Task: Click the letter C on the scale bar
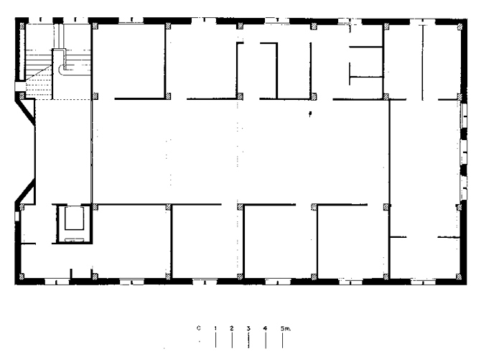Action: point(199,328)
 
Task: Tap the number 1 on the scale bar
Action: point(215,328)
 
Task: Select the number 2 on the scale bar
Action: point(232,328)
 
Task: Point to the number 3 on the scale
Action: point(248,328)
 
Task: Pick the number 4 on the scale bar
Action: point(265,328)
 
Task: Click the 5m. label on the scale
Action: point(286,328)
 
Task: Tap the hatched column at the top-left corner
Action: point(22,27)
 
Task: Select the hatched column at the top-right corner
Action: point(460,27)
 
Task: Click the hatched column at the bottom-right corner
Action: point(459,277)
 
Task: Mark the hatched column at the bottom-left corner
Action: point(22,277)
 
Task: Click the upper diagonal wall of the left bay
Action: point(25,109)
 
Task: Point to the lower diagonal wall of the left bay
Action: point(25,192)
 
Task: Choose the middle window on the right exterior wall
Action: point(464,152)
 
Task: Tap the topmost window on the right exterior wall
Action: point(464,116)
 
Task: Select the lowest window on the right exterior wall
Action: point(464,188)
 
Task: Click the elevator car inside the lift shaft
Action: point(74,218)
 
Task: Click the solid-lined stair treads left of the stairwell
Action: point(38,60)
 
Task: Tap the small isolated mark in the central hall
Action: point(310,114)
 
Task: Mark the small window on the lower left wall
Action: point(17,216)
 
